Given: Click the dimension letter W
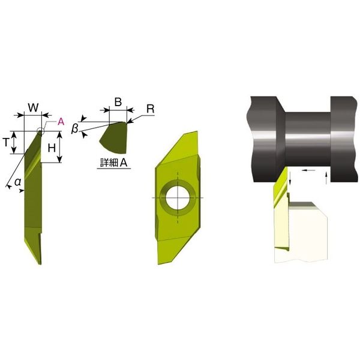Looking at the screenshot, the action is [33, 107].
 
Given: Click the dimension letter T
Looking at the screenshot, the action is [7, 143].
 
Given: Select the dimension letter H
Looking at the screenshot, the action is [52, 148].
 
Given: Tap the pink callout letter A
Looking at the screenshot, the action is [61, 122].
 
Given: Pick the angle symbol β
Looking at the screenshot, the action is [75, 129].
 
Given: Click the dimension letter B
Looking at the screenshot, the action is [118, 102].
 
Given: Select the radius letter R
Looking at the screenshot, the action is [151, 109].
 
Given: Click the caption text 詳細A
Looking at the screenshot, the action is [114, 163].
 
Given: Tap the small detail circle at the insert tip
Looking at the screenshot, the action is [40, 130].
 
